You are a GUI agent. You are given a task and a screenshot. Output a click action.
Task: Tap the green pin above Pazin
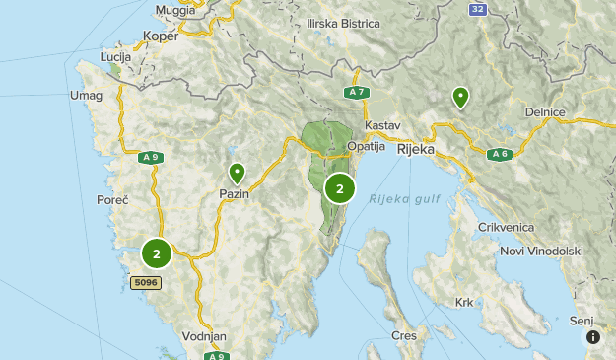237,174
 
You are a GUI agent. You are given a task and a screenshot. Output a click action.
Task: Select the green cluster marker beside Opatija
340,188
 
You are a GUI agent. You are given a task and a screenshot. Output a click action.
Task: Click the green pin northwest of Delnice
460,97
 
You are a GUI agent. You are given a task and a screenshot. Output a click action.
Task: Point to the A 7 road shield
356,93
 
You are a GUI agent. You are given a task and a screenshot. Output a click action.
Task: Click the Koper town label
160,36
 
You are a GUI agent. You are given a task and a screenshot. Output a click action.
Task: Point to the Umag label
86,95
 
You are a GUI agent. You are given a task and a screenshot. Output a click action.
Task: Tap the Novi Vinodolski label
541,252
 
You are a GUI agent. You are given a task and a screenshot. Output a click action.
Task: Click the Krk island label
465,303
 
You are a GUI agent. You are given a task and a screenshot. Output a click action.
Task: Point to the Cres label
403,335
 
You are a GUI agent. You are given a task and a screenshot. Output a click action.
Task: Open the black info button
593,337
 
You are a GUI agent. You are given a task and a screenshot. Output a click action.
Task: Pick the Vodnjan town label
204,336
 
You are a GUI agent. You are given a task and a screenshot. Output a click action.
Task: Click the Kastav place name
382,126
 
